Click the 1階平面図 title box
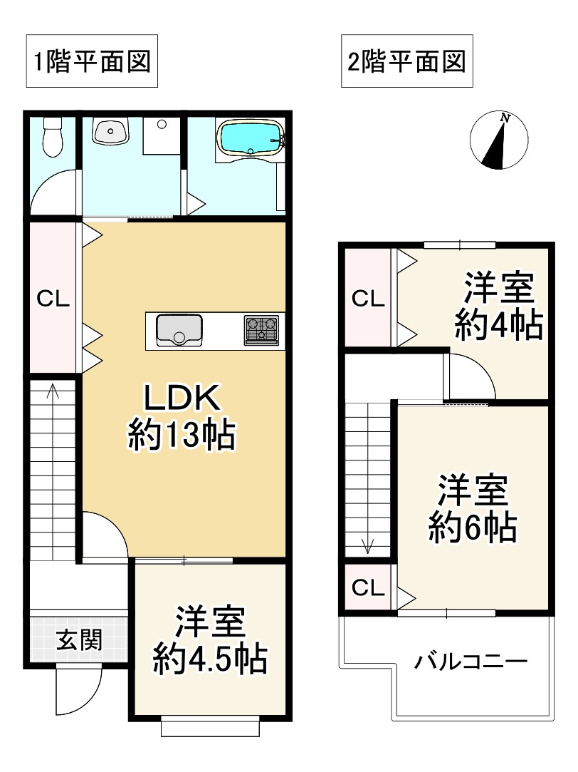coord(91,61)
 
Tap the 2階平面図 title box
coord(406,61)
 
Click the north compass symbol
coord(500,141)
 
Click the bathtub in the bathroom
coord(251,137)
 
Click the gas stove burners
coord(261,331)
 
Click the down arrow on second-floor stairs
coord(368,546)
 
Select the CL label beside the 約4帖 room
coord(368,298)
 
